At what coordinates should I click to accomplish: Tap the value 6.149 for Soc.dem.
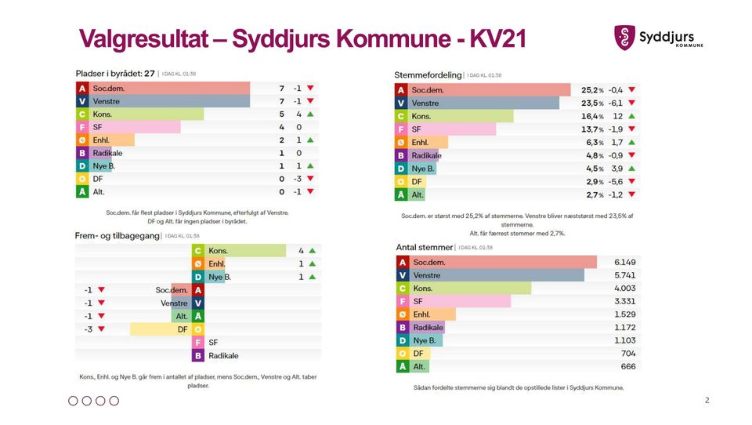tap(624, 262)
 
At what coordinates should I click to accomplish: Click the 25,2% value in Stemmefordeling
tap(592, 89)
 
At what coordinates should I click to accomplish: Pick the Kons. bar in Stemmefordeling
tap(461, 116)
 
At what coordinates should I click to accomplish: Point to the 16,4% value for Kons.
tap(592, 116)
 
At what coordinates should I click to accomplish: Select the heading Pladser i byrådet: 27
tap(116, 73)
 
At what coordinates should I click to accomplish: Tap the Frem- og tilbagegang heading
tap(117, 235)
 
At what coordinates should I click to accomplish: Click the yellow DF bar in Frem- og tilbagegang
tap(161, 329)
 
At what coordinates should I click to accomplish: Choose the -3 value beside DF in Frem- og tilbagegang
tap(89, 329)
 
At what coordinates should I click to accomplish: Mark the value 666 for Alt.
tap(627, 366)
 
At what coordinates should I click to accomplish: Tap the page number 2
tap(707, 401)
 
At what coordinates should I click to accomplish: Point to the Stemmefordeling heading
tap(428, 74)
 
